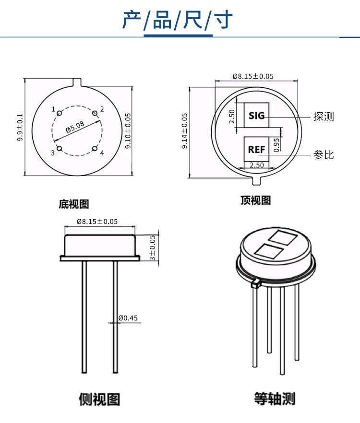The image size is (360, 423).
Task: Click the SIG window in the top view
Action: point(257,116)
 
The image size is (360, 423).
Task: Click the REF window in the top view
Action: point(257,149)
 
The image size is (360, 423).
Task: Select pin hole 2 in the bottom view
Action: point(95,113)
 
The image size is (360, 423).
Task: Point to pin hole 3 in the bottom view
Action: point(59,149)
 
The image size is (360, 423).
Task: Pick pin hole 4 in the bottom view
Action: point(95,149)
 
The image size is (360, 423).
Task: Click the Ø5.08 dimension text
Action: point(75,127)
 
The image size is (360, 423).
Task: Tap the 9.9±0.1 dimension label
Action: point(20,128)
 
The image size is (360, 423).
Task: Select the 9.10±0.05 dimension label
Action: point(128,130)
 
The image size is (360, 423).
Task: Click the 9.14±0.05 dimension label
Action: point(184,130)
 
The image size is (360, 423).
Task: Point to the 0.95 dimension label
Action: point(276,144)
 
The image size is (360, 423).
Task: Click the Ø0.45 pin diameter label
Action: point(128,318)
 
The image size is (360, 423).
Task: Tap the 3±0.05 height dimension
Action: point(153,247)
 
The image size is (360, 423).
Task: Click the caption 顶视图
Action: point(255,200)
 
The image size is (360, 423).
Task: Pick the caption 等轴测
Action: point(275,399)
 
